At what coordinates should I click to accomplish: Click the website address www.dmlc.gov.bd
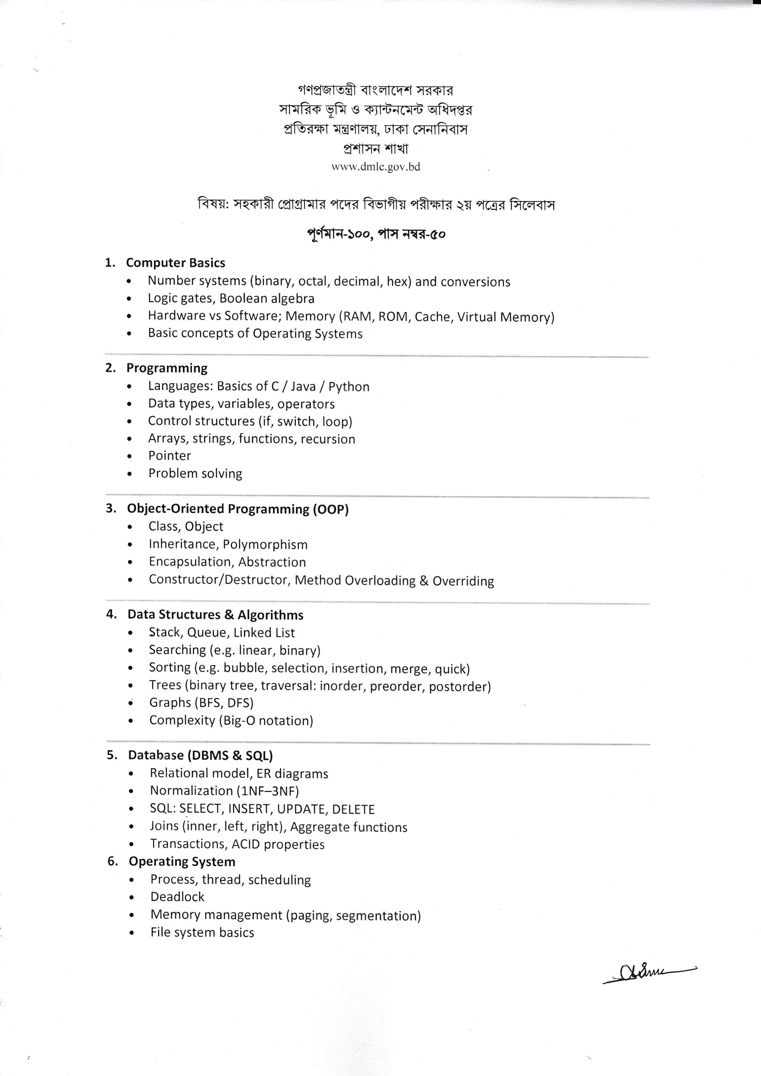375,167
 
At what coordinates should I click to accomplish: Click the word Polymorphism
265,544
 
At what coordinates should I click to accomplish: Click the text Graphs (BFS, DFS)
201,703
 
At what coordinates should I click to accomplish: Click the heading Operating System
182,862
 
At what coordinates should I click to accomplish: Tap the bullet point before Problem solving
130,474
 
